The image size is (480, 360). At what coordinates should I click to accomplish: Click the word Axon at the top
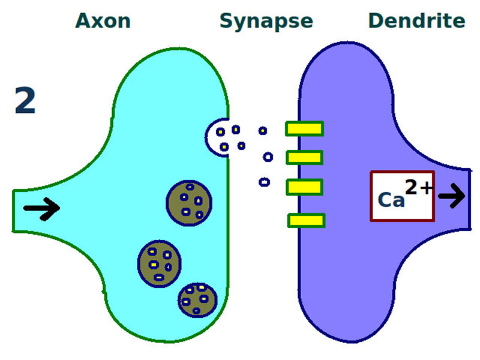pyautogui.click(x=103, y=21)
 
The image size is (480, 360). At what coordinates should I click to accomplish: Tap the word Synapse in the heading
pyautogui.click(x=266, y=21)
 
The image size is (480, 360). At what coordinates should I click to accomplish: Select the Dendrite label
pyautogui.click(x=416, y=21)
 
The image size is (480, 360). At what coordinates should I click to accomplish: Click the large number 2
pyautogui.click(x=25, y=101)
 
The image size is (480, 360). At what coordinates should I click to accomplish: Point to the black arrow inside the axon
pyautogui.click(x=41, y=208)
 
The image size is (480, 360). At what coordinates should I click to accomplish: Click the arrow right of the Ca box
pyautogui.click(x=452, y=196)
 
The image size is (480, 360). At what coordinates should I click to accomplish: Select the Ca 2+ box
pyautogui.click(x=402, y=196)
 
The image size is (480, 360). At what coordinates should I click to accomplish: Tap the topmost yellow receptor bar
pyautogui.click(x=304, y=128)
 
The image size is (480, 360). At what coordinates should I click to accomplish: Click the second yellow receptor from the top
pyautogui.click(x=304, y=158)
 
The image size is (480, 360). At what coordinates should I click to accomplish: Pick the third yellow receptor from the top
pyautogui.click(x=304, y=187)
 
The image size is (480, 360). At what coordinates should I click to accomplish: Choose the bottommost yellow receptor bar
pyautogui.click(x=306, y=220)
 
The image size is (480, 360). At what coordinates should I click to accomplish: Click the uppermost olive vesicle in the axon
pyautogui.click(x=189, y=203)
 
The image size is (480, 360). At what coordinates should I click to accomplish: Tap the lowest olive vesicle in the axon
pyautogui.click(x=197, y=299)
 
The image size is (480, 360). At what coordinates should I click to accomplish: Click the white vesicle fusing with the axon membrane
pyautogui.click(x=217, y=137)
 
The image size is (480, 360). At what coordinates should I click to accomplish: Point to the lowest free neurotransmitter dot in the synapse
pyautogui.click(x=264, y=182)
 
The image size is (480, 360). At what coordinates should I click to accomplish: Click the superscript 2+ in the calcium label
pyautogui.click(x=418, y=188)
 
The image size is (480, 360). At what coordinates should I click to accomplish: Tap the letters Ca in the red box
pyautogui.click(x=391, y=200)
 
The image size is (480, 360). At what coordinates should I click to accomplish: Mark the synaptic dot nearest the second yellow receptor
pyautogui.click(x=268, y=157)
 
